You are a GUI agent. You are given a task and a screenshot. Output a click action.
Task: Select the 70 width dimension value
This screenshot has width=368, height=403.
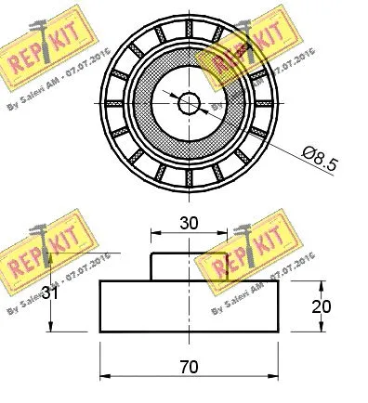(x=191, y=368)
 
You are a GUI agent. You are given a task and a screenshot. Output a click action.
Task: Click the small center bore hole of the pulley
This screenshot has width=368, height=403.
(x=189, y=102)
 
